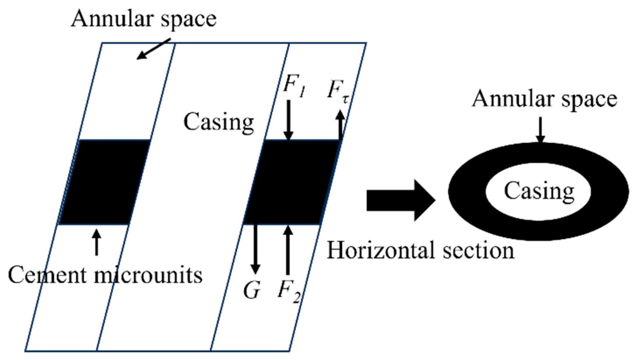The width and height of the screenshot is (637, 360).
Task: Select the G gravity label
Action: click(x=252, y=290)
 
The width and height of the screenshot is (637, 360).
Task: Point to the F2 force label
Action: click(x=288, y=292)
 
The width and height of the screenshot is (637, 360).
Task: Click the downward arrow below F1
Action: click(x=288, y=120)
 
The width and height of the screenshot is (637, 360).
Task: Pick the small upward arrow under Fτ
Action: click(x=340, y=125)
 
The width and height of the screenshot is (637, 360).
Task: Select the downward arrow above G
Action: click(x=255, y=249)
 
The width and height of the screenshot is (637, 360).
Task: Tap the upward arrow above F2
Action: click(x=288, y=250)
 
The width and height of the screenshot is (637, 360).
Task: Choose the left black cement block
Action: click(x=105, y=182)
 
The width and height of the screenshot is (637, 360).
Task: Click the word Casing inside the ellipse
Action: click(x=539, y=191)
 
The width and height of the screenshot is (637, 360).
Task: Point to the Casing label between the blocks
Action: click(x=219, y=122)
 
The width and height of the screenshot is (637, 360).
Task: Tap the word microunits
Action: click(x=148, y=275)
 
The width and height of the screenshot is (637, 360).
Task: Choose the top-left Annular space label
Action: click(x=143, y=19)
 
